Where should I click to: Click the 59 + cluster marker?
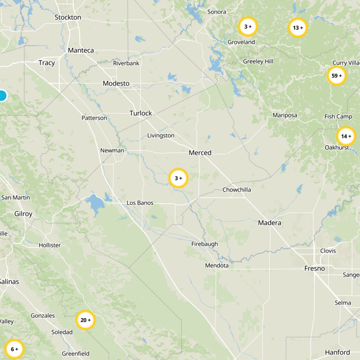[337, 76]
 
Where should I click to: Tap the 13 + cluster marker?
[297, 28]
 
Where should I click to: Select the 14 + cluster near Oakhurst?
[346, 136]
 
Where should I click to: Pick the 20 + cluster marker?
[85, 320]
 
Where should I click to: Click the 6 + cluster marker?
[14, 349]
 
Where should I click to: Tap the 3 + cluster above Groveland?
[247, 27]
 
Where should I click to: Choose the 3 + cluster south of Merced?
[178, 179]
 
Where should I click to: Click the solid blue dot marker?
[2, 96]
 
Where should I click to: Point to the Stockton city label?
[67, 17]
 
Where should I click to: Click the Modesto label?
[116, 83]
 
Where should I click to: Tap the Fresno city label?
[314, 269]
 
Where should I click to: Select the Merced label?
[200, 153]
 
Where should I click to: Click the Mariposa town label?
[285, 115]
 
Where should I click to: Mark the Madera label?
[270, 223]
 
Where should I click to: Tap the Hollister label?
[49, 245]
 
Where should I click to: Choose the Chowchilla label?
[237, 190]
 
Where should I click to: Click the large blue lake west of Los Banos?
[94, 203]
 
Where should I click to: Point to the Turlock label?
[141, 113]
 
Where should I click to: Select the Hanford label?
[337, 352]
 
